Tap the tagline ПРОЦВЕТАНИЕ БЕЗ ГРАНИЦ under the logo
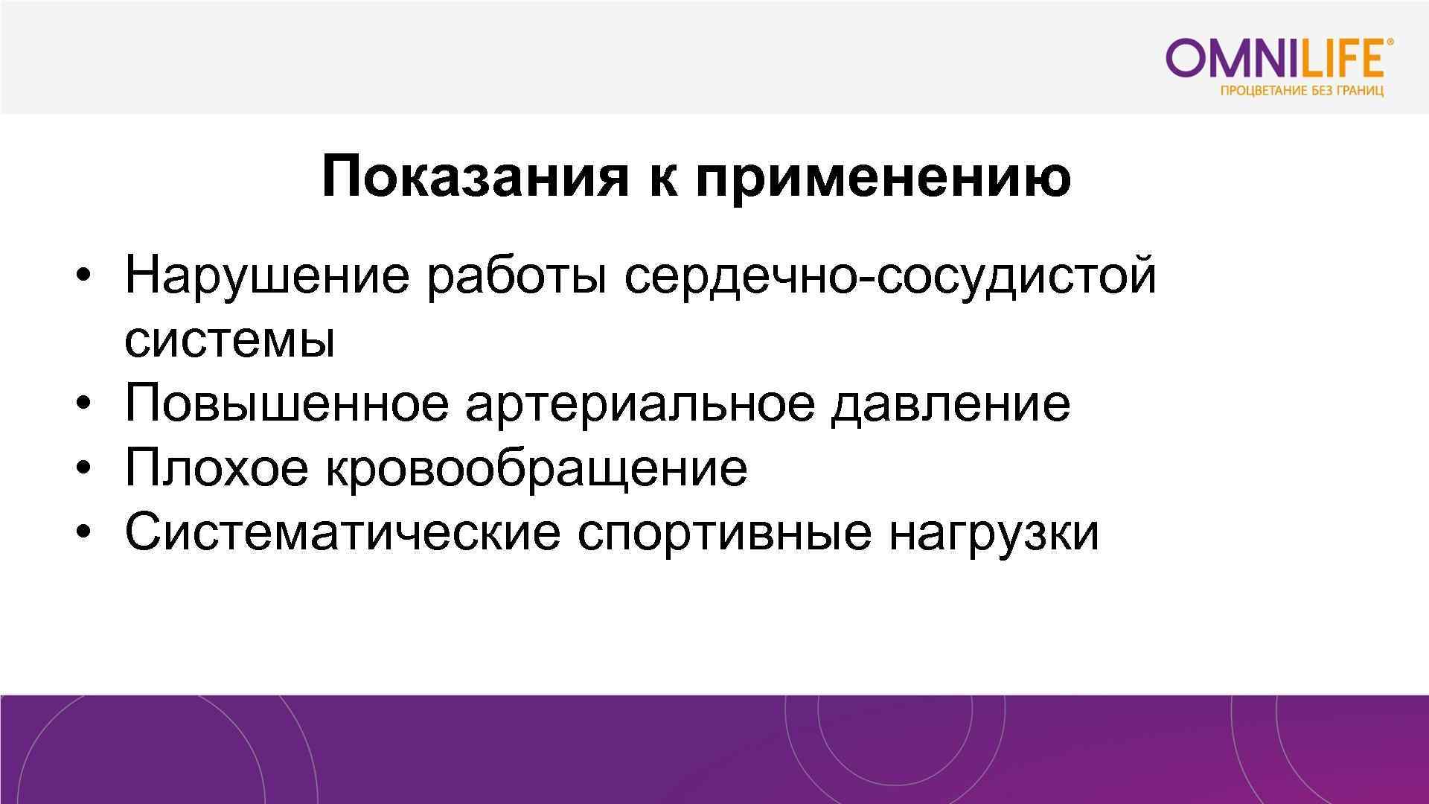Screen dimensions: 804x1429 click(1302, 92)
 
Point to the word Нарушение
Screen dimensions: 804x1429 click(266, 275)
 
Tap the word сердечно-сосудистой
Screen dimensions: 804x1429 click(890, 275)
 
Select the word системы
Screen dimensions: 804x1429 click(229, 340)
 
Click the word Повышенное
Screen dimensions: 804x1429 click(287, 403)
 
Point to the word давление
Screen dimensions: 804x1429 click(950, 404)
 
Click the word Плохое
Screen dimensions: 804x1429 click(216, 468)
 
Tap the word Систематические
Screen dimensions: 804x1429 click(342, 532)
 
